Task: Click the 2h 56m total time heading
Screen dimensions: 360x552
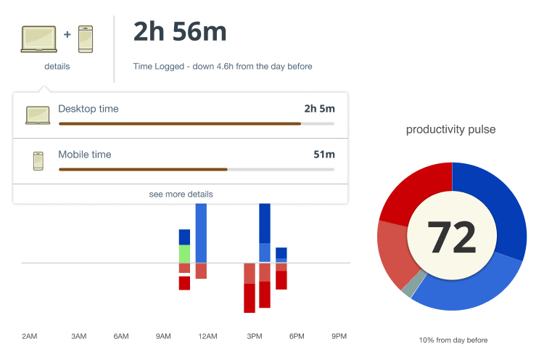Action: pyautogui.click(x=180, y=32)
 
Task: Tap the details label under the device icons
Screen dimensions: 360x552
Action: pyautogui.click(x=57, y=66)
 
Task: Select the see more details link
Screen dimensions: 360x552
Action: pyautogui.click(x=181, y=195)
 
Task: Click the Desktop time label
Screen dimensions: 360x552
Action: pyautogui.click(x=88, y=109)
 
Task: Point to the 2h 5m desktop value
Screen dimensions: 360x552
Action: pyautogui.click(x=319, y=109)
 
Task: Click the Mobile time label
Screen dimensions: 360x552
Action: pyautogui.click(x=85, y=155)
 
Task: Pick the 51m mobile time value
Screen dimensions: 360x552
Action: pyautogui.click(x=324, y=155)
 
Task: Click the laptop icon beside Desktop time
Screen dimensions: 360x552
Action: pyautogui.click(x=38, y=115)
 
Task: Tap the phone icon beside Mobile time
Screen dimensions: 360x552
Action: pyautogui.click(x=38, y=161)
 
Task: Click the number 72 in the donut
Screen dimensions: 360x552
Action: pyautogui.click(x=452, y=237)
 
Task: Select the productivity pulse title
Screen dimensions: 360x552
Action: pyautogui.click(x=451, y=130)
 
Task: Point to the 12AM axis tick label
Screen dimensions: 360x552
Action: pyautogui.click(x=207, y=337)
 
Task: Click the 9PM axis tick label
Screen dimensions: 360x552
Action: pyautogui.click(x=339, y=337)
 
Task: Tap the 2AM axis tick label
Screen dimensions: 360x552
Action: pyautogui.click(x=29, y=337)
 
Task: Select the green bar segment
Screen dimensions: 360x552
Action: pyautogui.click(x=184, y=254)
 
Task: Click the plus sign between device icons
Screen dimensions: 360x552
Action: pyautogui.click(x=67, y=33)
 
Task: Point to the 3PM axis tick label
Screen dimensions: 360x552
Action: pyautogui.click(x=255, y=337)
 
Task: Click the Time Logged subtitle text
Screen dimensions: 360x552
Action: pyautogui.click(x=223, y=67)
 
